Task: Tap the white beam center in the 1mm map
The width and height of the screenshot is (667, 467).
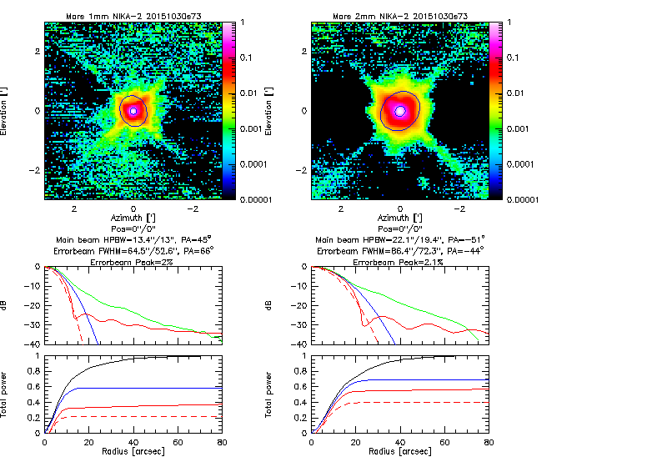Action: [x=133, y=110]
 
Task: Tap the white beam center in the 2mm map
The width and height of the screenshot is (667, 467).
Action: [x=400, y=110]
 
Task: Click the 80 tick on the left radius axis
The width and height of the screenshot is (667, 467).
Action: [x=222, y=443]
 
